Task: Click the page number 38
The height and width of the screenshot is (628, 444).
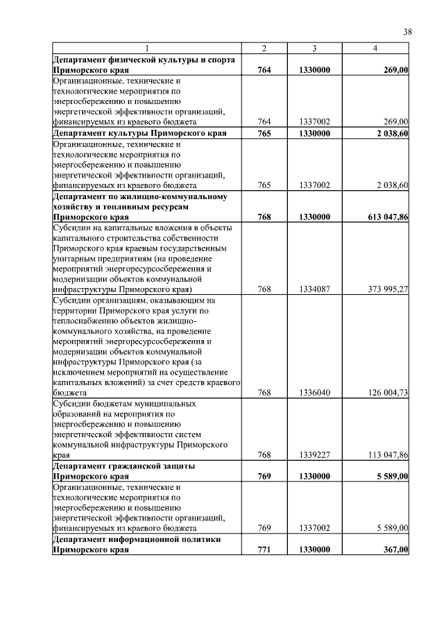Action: (x=408, y=31)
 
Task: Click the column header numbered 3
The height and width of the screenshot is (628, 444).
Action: (x=314, y=48)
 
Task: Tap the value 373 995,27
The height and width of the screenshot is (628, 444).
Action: (x=381, y=289)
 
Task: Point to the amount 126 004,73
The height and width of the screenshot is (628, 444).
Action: (x=381, y=393)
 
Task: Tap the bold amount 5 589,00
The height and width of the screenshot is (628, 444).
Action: (x=388, y=477)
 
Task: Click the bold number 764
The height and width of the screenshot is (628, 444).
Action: (x=264, y=71)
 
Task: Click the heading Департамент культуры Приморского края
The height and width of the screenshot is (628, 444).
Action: (x=140, y=133)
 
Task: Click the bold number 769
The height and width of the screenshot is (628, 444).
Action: (x=264, y=477)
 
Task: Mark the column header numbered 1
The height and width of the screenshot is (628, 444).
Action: (x=147, y=48)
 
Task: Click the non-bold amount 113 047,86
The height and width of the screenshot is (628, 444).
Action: (x=381, y=455)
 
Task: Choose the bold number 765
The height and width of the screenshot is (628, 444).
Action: (x=264, y=133)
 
